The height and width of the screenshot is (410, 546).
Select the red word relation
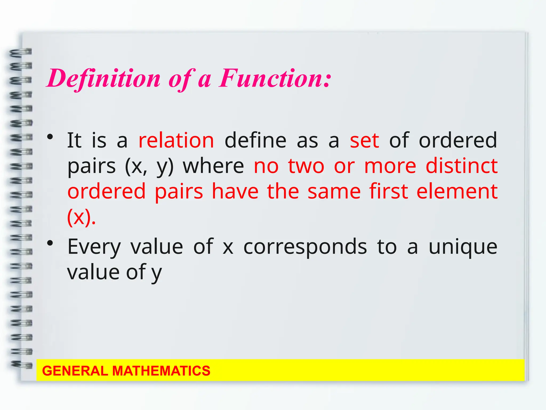[x=176, y=140]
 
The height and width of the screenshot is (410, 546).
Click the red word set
[x=364, y=140]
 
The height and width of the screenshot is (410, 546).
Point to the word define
[x=255, y=140]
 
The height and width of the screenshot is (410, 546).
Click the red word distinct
[x=461, y=166]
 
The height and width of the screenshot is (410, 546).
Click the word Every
[x=94, y=247]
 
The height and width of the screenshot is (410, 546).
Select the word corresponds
[x=305, y=247]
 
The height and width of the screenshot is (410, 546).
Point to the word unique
[x=463, y=247]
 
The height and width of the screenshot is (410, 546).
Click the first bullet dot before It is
[x=50, y=137]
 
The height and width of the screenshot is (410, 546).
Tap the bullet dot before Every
[x=50, y=243]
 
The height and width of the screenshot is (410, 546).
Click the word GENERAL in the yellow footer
[x=75, y=371]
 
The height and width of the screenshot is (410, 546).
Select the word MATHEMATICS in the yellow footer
[x=161, y=371]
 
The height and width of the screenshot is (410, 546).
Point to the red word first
[x=389, y=191]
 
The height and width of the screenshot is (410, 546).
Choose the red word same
[x=334, y=191]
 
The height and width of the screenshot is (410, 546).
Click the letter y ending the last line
[x=156, y=273]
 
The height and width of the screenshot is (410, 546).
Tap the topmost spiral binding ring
[x=21, y=52]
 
